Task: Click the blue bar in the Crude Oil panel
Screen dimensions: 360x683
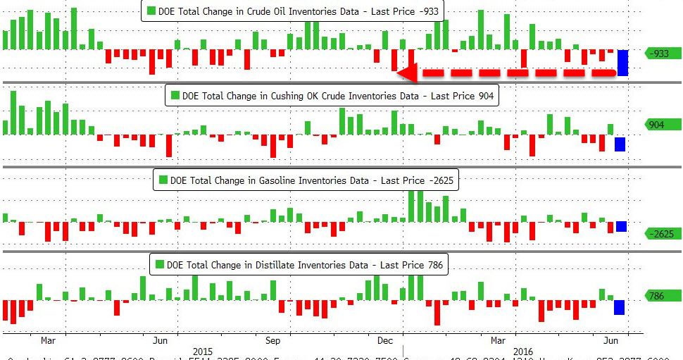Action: (x=622, y=63)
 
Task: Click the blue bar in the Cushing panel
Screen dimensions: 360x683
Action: (x=620, y=144)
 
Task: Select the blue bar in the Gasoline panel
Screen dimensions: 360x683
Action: (x=621, y=226)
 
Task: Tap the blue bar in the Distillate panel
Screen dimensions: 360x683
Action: (x=619, y=307)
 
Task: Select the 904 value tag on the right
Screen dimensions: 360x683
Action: (x=657, y=125)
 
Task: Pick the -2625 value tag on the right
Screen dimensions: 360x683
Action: (x=661, y=234)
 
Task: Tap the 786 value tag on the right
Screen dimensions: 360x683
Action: (x=656, y=296)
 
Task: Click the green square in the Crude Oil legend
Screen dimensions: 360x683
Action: (x=151, y=11)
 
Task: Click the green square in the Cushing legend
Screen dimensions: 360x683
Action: (x=174, y=96)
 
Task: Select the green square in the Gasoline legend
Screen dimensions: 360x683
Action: (x=163, y=180)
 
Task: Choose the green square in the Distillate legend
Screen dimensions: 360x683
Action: (x=159, y=265)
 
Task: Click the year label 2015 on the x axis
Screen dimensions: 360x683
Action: (x=203, y=351)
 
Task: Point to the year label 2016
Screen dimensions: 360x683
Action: (x=522, y=351)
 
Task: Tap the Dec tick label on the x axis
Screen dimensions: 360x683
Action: (x=384, y=340)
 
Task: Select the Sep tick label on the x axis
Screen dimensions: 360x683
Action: (x=273, y=340)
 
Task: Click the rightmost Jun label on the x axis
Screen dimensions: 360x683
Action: (x=612, y=340)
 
